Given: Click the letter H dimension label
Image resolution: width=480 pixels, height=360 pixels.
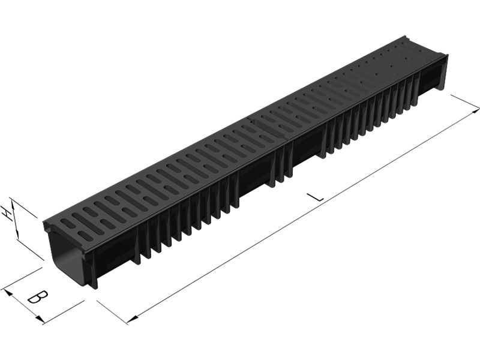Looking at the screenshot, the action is tap(7, 214).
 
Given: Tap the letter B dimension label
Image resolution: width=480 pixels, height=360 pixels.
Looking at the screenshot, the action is tap(38, 296).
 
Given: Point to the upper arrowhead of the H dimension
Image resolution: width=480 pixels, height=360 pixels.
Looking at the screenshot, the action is tap(12, 202).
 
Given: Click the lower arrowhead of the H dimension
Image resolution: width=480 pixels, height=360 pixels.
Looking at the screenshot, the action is tap(17, 235).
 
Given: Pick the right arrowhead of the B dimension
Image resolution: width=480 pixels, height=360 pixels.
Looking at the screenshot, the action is tap(39, 319).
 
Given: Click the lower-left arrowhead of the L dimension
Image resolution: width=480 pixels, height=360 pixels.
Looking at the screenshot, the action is tap(131, 320).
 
